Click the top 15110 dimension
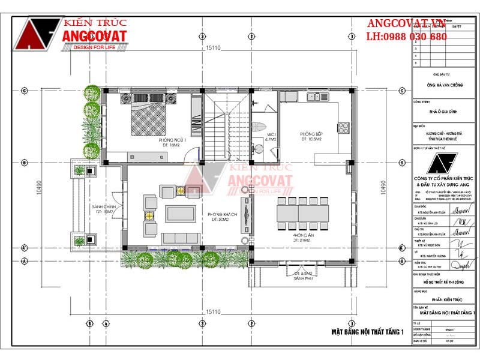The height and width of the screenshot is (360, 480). [214, 48]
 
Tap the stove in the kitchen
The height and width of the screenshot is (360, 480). [344, 128]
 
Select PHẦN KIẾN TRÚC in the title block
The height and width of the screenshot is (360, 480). [443, 298]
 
